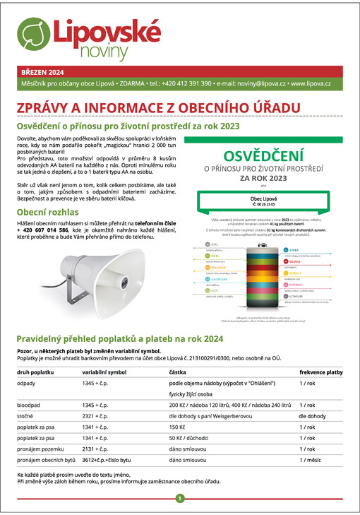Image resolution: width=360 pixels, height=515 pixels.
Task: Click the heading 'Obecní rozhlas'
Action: pos(48,212)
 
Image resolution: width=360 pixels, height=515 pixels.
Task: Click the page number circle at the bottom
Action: pos(180,498)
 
